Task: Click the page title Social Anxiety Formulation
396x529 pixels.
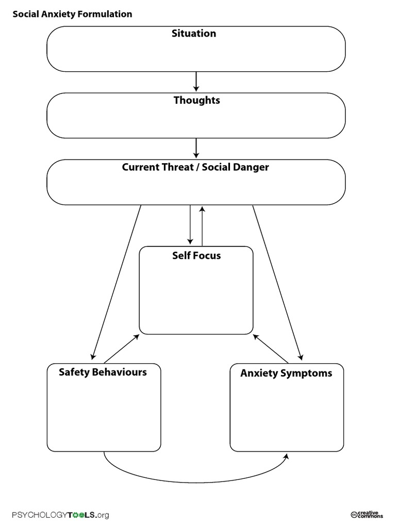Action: click(x=72, y=14)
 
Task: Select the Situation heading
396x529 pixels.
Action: click(x=194, y=34)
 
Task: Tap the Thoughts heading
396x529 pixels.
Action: click(x=196, y=100)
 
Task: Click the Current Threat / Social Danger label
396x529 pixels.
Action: click(x=195, y=167)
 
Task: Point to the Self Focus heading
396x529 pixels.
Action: click(x=196, y=255)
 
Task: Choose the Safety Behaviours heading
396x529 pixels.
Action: click(x=103, y=372)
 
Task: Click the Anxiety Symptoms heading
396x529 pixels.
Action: click(x=286, y=373)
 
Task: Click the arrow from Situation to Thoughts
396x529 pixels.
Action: click(x=196, y=81)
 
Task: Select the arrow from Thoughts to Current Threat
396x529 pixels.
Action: click(x=196, y=148)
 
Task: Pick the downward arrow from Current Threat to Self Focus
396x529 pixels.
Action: click(x=190, y=225)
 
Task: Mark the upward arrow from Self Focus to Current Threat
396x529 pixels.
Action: click(x=202, y=226)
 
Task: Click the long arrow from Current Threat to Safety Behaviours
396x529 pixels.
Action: click(x=117, y=282)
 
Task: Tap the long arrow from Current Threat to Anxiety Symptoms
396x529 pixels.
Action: click(x=277, y=282)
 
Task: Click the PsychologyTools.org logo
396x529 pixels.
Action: click(x=61, y=515)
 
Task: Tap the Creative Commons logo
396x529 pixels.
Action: click(x=367, y=514)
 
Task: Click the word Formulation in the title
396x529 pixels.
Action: click(x=106, y=14)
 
